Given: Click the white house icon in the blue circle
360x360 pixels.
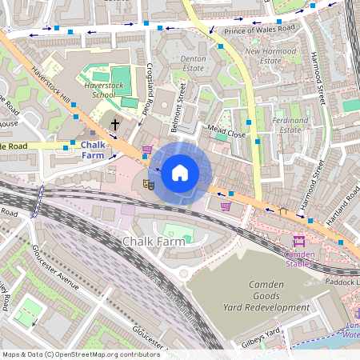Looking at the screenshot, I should (x=180, y=172).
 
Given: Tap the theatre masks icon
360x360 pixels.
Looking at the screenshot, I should (x=147, y=185).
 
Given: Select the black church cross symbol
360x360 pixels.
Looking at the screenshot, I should (x=115, y=125).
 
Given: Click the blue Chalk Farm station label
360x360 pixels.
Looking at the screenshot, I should (x=99, y=150).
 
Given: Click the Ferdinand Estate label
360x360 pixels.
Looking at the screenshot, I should (x=290, y=125).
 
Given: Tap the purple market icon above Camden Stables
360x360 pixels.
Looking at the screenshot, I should (x=299, y=242).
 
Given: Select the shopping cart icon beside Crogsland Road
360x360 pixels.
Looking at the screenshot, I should (x=146, y=150).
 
